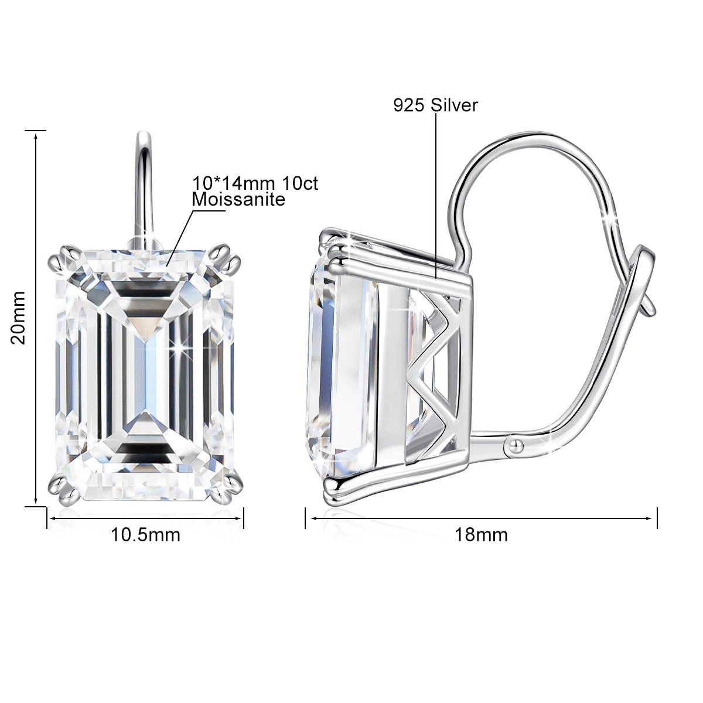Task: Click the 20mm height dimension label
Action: pyautogui.click(x=18, y=318)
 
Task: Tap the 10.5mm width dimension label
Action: pyautogui.click(x=145, y=535)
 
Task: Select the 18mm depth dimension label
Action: pyautogui.click(x=481, y=535)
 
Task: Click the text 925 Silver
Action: pyautogui.click(x=435, y=105)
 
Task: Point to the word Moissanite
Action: pyautogui.click(x=238, y=200)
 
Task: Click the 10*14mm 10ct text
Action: pyautogui.click(x=255, y=183)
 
